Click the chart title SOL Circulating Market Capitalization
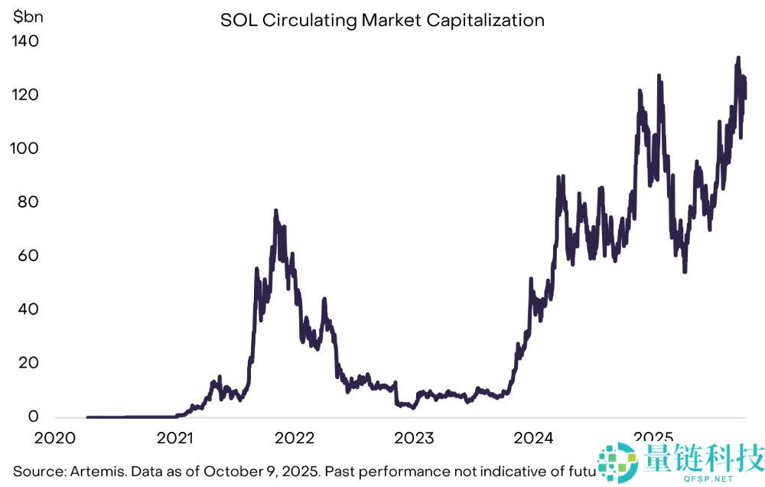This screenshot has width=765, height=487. [382, 20]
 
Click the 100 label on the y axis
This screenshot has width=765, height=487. [25, 149]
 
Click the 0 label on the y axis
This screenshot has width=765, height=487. [32, 417]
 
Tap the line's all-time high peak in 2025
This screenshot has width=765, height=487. [737, 57]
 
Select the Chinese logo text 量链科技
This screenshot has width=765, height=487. [704, 457]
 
